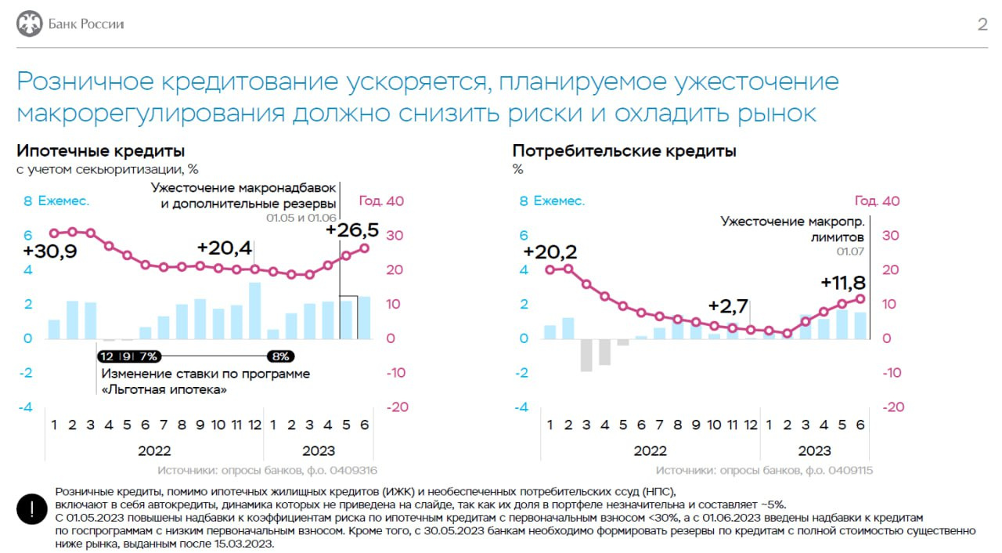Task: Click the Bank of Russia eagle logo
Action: [x=30, y=23]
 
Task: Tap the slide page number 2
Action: [x=982, y=24]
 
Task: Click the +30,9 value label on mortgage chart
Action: [x=49, y=252]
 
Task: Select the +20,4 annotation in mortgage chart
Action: [x=225, y=248]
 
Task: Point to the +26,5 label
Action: [x=351, y=230]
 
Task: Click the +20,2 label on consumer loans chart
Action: [x=550, y=252]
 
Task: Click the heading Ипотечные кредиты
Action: [x=101, y=151]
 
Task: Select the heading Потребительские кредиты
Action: [x=624, y=151]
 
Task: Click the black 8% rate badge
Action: [x=279, y=356]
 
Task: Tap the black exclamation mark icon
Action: [x=31, y=508]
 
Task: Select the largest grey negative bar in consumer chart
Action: [x=586, y=355]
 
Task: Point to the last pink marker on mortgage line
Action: [x=364, y=248]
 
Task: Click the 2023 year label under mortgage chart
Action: [x=318, y=450]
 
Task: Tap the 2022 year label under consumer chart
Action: [x=650, y=450]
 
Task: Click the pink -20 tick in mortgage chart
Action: [x=397, y=407]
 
